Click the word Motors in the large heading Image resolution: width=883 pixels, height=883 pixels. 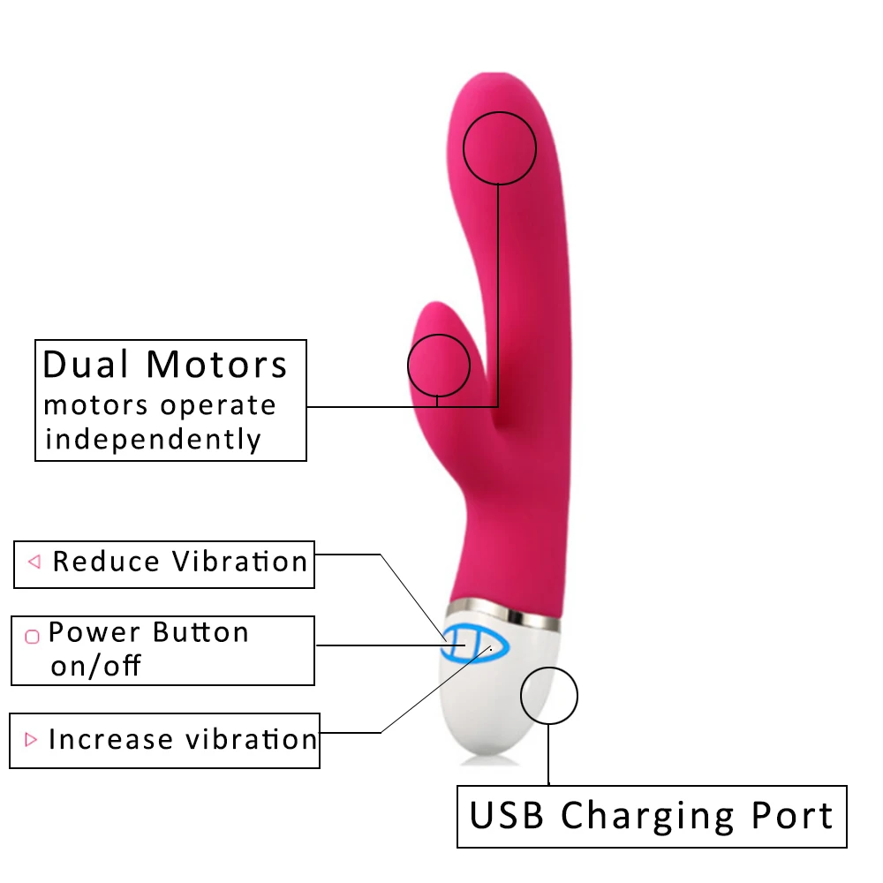[x=217, y=365]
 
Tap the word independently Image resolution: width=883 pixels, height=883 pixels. [x=153, y=439]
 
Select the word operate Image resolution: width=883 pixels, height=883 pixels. [x=219, y=406]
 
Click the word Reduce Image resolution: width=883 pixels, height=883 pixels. [x=106, y=562]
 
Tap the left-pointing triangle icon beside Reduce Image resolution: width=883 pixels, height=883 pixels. [x=34, y=562]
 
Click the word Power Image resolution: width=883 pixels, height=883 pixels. [x=94, y=632]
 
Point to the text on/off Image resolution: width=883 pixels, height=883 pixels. [x=95, y=665]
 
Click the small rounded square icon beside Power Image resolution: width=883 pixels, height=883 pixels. [x=32, y=636]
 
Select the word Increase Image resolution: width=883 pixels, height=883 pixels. [x=110, y=739]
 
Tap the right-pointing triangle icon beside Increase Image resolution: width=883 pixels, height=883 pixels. [x=32, y=739]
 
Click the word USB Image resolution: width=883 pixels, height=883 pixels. [x=506, y=815]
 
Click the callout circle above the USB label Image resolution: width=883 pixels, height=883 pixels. [x=548, y=697]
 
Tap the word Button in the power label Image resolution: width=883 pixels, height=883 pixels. [x=200, y=632]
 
